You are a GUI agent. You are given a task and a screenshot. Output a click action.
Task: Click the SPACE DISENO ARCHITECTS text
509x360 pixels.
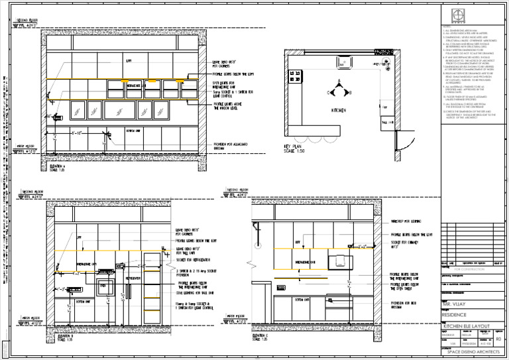tap(472, 351)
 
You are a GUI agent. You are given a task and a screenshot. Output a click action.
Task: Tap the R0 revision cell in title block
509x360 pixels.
tap(498, 337)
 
